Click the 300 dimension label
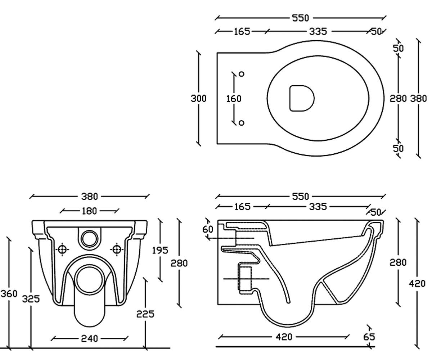(x=198, y=99)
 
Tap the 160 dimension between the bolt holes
(x=234, y=99)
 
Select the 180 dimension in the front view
(x=89, y=211)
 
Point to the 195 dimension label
(x=160, y=251)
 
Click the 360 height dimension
(x=9, y=294)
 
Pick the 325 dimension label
(x=31, y=299)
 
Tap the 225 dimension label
(x=145, y=314)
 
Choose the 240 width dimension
(x=89, y=339)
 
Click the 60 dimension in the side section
(x=207, y=229)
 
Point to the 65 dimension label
(x=369, y=337)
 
